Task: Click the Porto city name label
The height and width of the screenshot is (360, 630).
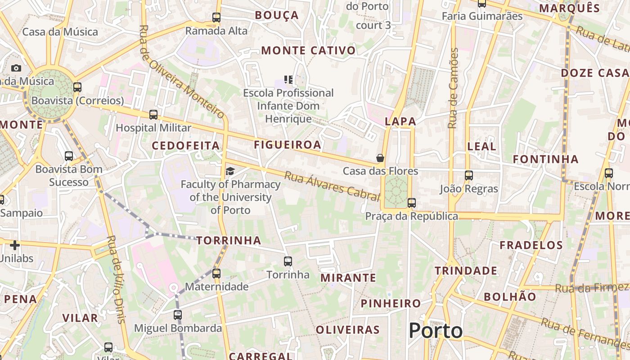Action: [436, 331]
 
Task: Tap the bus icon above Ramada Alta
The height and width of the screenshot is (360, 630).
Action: [216, 18]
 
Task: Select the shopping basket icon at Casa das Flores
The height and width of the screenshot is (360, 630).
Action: [380, 157]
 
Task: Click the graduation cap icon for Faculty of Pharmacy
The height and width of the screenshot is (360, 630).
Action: [230, 171]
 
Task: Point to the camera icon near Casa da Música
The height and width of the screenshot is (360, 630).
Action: [16, 68]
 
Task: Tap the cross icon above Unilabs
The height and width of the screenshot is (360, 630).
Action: [15, 245]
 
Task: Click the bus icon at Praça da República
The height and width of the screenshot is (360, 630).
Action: [411, 202]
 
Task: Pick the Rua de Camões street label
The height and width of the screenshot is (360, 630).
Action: [454, 88]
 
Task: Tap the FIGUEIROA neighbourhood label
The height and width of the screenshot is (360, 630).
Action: [288, 145]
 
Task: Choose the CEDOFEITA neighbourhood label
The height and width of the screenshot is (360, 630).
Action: [185, 146]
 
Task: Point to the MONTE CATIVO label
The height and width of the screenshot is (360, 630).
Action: [308, 50]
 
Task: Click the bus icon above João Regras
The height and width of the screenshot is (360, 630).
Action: [469, 175]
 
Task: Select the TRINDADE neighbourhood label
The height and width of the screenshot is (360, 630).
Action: [466, 271]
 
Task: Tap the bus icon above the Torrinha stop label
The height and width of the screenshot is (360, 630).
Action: [288, 261]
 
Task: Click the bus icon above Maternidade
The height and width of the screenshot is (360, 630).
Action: [216, 273]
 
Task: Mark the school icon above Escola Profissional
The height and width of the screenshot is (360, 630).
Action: [288, 80]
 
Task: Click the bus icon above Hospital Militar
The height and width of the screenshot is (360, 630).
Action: [153, 114]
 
